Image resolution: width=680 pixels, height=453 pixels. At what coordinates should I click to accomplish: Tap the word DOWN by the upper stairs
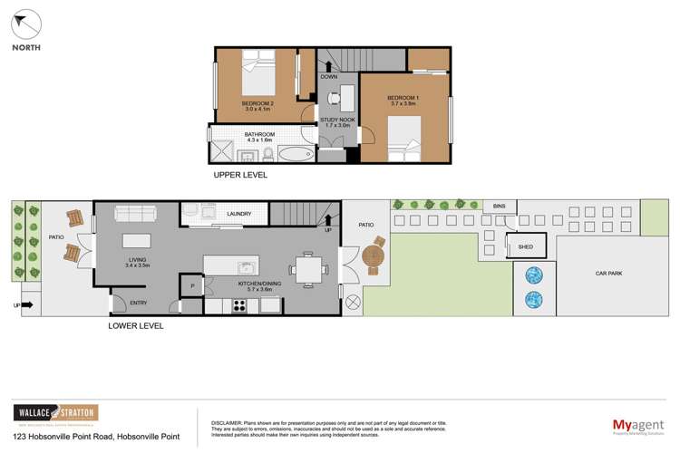pyautogui.click(x=328, y=77)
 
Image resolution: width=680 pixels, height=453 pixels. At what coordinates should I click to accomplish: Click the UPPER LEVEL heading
pyautogui.click(x=239, y=175)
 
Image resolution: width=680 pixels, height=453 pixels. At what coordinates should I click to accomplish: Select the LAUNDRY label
pyautogui.click(x=239, y=215)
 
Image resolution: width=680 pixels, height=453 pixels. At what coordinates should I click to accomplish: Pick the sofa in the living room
pyautogui.click(x=135, y=214)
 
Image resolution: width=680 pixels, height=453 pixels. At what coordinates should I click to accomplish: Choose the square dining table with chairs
pyautogui.click(x=306, y=268)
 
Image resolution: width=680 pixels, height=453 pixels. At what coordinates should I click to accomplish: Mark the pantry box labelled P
pyautogui.click(x=192, y=286)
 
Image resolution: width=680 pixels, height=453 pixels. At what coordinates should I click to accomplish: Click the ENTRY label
pyautogui.click(x=138, y=303)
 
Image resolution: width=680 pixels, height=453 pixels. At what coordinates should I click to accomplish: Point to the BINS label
pyautogui.click(x=499, y=207)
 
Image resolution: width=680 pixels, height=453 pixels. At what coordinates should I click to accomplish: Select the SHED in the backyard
pyautogui.click(x=525, y=246)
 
